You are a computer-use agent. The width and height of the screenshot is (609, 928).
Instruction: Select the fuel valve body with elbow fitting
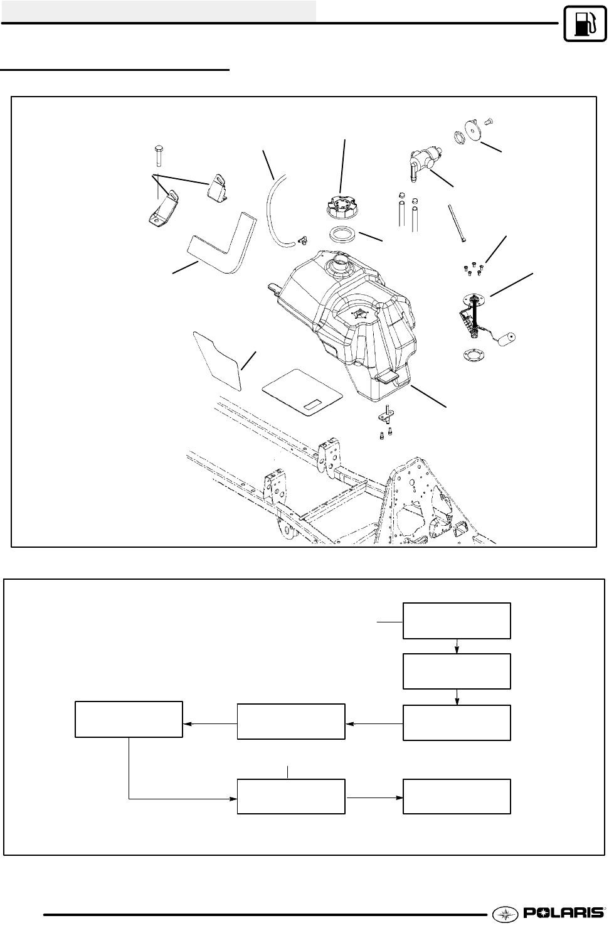424,157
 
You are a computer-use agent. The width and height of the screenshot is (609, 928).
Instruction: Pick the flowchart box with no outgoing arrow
457,796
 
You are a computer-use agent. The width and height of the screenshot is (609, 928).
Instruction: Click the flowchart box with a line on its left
457,621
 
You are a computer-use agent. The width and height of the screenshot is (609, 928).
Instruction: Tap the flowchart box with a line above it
291,796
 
